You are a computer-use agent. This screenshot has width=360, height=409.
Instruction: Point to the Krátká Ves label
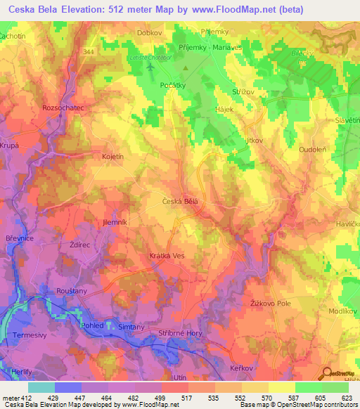(167, 256)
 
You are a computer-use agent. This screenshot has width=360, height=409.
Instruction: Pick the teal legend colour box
(41, 387)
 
